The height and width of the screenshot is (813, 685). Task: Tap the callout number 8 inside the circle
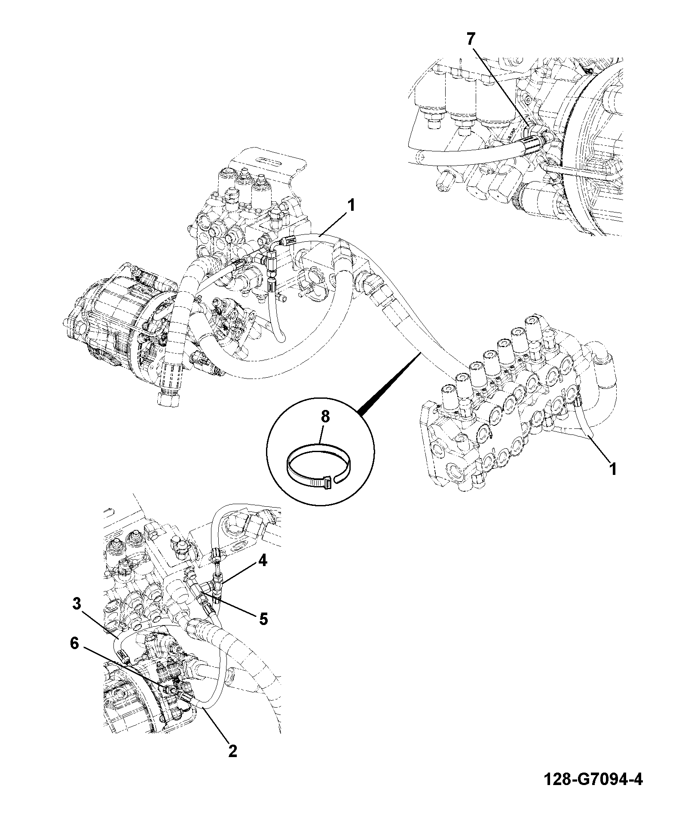click(x=325, y=417)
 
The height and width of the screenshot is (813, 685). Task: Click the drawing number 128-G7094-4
click(x=593, y=780)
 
